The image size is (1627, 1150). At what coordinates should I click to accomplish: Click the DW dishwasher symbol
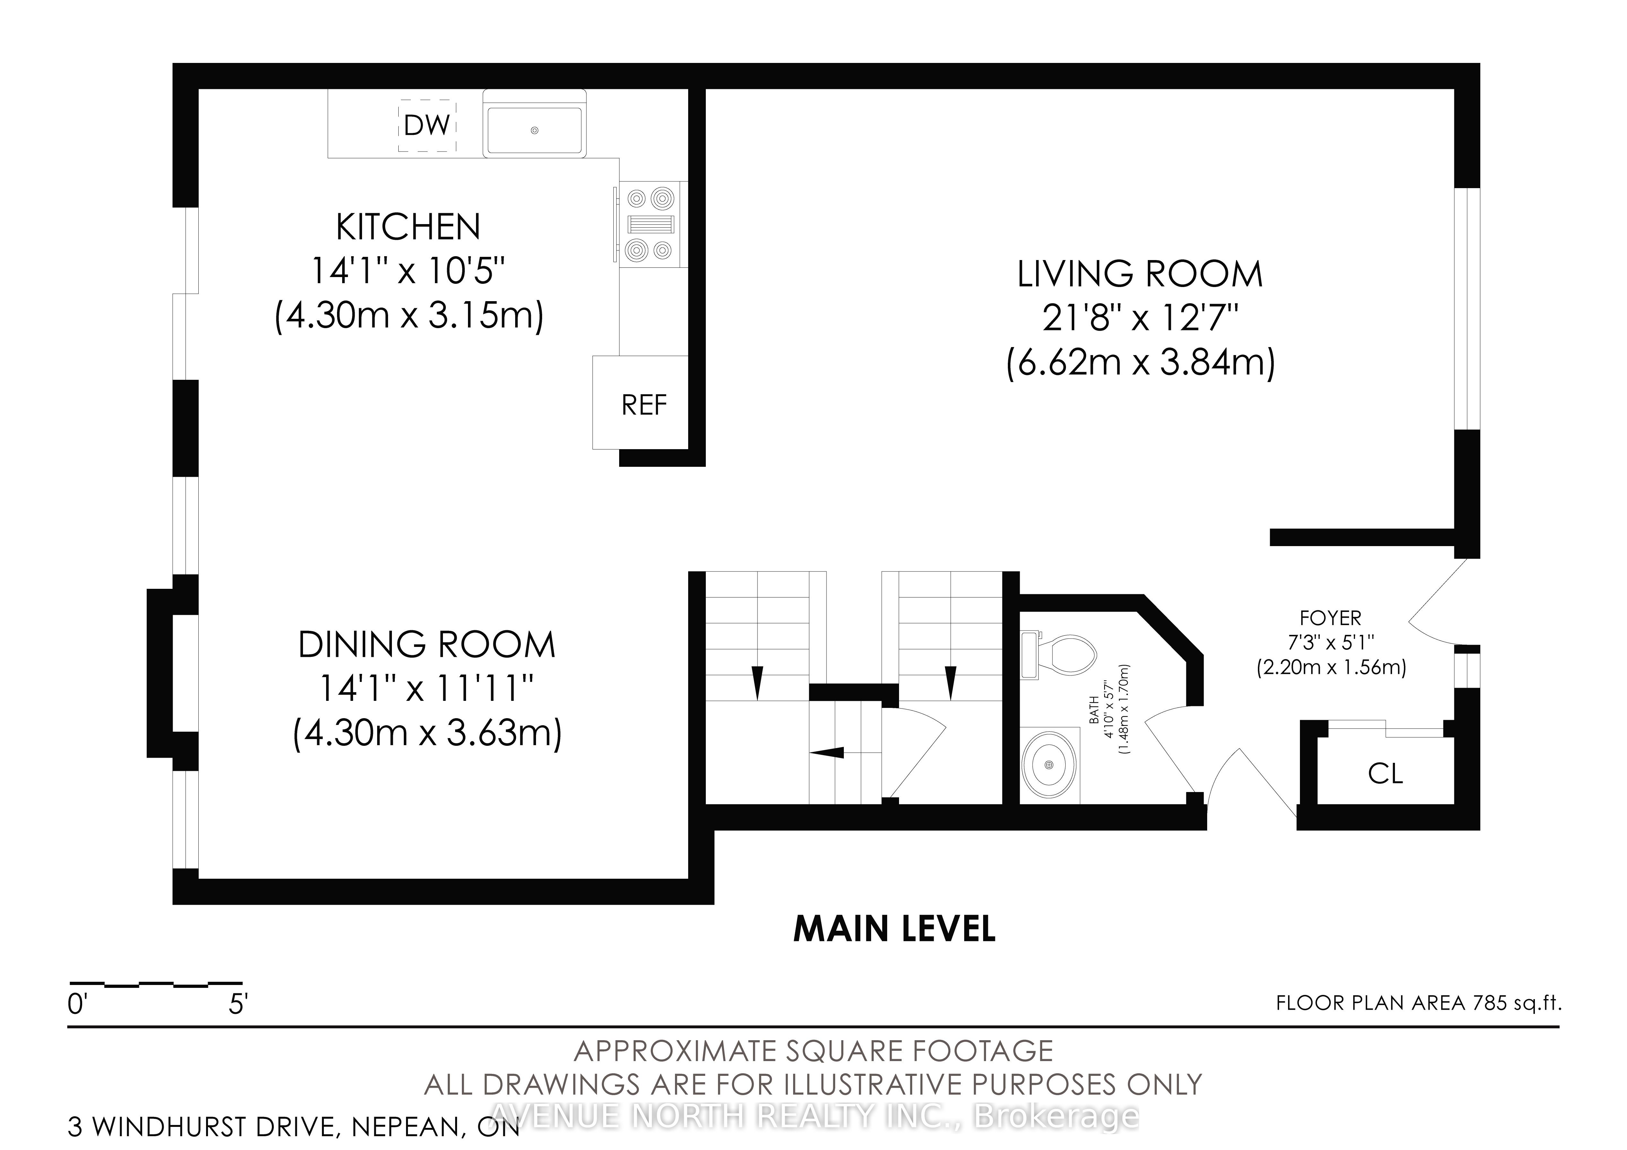coord(427,126)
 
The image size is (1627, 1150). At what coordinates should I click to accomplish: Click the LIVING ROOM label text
coord(1139,274)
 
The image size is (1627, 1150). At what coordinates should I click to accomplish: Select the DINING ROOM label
coord(427,644)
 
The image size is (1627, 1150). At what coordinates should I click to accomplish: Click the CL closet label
coord(1385,773)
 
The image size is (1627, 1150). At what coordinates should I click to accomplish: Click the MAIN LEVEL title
coord(894,929)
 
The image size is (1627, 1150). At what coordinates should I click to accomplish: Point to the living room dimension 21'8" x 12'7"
coord(1139,318)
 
